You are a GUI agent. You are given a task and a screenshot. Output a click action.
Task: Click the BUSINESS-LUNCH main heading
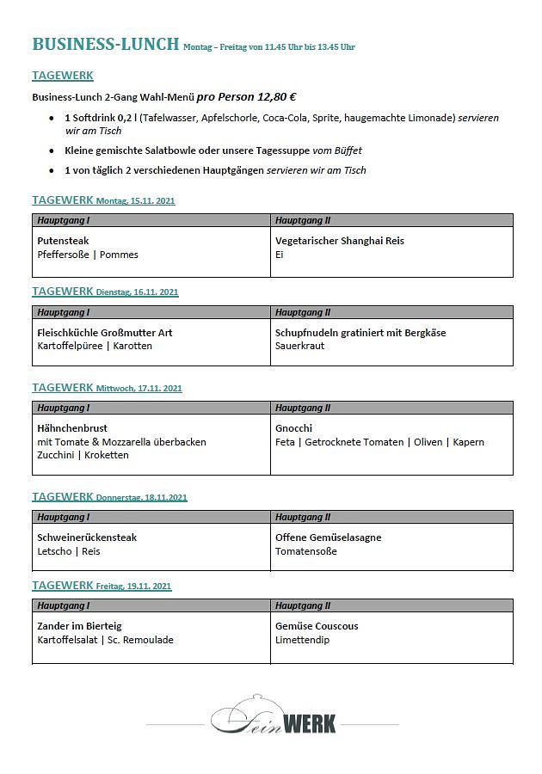[105, 44]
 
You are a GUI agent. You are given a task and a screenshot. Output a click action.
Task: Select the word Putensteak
[63, 241]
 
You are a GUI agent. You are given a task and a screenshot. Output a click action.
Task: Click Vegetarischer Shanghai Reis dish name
[339, 241]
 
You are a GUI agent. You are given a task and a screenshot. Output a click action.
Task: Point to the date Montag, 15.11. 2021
[135, 201]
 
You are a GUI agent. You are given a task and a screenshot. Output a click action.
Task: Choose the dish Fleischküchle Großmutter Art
[105, 333]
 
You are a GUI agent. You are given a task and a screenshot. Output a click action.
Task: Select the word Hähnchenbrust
[72, 428]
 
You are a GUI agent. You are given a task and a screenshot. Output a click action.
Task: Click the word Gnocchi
[293, 428]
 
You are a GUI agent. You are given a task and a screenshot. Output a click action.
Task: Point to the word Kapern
[468, 442]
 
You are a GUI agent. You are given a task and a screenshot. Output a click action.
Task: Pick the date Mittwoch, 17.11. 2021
[139, 389]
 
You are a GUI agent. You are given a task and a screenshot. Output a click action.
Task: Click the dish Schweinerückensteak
[87, 537]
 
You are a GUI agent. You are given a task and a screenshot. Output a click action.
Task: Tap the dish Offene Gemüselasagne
[328, 537]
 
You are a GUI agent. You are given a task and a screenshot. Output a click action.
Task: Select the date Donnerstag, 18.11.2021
[141, 498]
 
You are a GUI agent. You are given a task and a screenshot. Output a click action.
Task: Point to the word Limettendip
[302, 640]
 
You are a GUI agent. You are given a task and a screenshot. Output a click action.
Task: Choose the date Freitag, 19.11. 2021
[133, 587]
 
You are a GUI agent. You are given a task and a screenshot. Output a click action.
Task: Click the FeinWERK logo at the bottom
[273, 716]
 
